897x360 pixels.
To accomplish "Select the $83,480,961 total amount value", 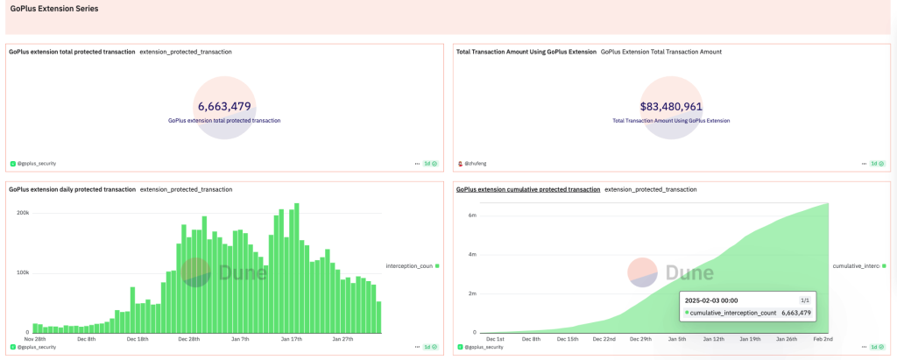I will click(x=671, y=107).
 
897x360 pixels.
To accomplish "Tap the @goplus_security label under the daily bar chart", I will click(x=36, y=347).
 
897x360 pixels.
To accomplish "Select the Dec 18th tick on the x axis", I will click(x=138, y=338).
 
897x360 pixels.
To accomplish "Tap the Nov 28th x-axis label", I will click(x=35, y=338).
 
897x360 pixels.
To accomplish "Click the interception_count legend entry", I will click(x=409, y=265).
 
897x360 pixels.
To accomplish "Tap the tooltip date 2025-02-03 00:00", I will click(x=713, y=299).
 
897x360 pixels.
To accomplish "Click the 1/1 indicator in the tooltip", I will click(x=805, y=299).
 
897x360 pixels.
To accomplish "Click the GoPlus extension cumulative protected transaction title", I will click(x=527, y=189).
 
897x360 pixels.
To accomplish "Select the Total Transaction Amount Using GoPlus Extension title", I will click(x=526, y=52).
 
